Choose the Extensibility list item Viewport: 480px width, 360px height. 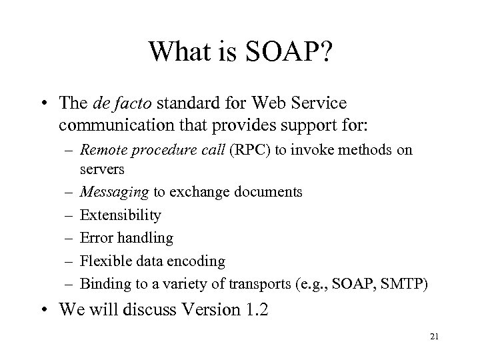[121, 215]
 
